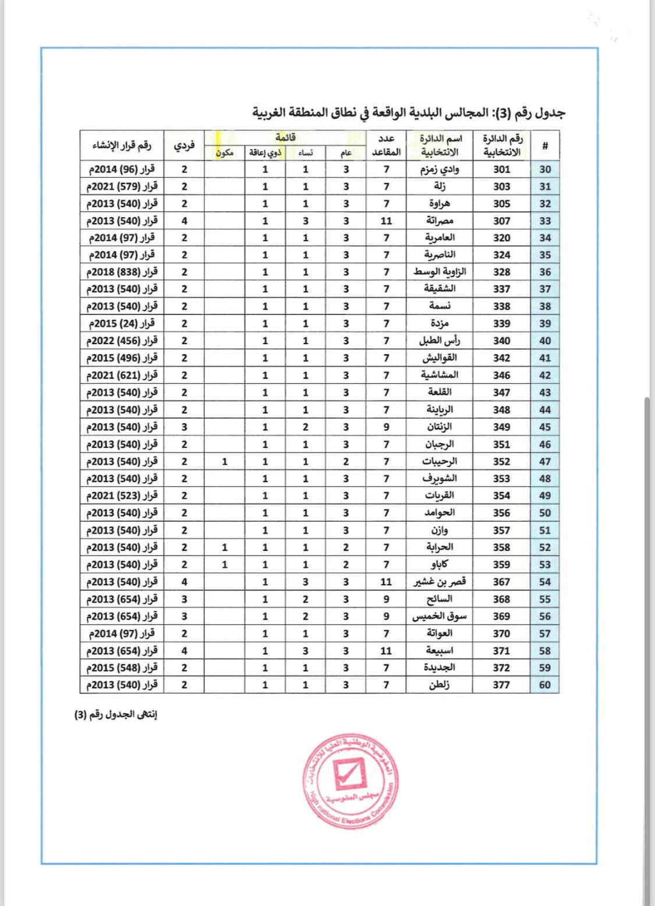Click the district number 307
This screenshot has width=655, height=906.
click(x=501, y=221)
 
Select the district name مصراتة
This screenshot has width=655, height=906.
click(x=439, y=221)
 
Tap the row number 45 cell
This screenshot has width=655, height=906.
click(x=545, y=427)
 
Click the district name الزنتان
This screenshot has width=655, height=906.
click(x=439, y=427)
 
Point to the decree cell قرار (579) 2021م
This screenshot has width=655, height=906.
click(x=122, y=186)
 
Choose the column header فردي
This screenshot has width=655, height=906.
click(x=184, y=145)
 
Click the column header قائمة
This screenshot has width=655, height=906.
click(x=285, y=137)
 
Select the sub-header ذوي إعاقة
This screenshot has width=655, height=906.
click(x=265, y=153)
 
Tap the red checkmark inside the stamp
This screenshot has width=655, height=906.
click(x=348, y=772)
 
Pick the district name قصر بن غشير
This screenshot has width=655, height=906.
click(x=439, y=582)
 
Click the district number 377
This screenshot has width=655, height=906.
click(x=501, y=685)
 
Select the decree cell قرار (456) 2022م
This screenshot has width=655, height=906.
click(x=122, y=341)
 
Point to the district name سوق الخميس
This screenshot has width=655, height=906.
click(x=439, y=616)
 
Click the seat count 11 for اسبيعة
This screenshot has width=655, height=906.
click(x=386, y=650)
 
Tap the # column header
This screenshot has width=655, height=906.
click(x=545, y=145)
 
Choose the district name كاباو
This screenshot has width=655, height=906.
click(x=439, y=564)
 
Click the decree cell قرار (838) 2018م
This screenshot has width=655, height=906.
click(x=122, y=272)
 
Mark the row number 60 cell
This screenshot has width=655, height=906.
click(x=545, y=685)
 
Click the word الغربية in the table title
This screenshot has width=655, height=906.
click(x=273, y=112)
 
